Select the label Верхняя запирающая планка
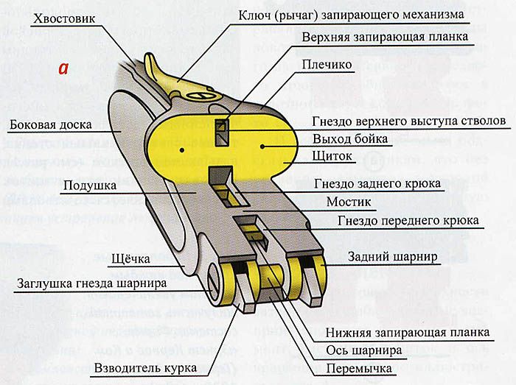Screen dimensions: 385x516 click(x=385, y=37)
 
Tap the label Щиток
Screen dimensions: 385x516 click(x=332, y=157)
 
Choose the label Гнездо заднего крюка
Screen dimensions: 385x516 click(x=377, y=183)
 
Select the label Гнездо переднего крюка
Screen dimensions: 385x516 click(x=408, y=220)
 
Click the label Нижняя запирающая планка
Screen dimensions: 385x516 click(x=407, y=333)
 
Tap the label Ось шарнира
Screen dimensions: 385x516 click(x=366, y=350)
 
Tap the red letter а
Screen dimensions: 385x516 click(x=64, y=68)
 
